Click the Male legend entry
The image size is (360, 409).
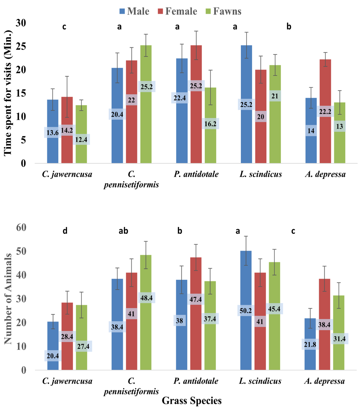134,11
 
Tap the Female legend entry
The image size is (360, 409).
178,11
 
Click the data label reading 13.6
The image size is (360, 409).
52,133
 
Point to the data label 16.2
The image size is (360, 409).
210,124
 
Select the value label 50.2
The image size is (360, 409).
246,310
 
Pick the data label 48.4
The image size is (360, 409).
147,298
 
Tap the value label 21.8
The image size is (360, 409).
310,345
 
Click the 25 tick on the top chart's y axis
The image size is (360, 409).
21,47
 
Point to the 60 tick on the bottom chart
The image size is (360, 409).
21,228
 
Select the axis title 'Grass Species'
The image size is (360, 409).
192,400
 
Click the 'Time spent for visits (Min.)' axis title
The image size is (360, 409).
8,93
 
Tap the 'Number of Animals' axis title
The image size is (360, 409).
8,298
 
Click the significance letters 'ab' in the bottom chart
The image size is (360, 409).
123,231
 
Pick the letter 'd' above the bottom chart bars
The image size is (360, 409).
65,231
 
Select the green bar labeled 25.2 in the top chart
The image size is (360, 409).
146,104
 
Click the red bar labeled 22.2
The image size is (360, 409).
325,111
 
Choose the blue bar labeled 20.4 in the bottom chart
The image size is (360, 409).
53,346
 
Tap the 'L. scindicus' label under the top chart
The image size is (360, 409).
261,174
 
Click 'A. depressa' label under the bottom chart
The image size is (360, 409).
325,381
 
